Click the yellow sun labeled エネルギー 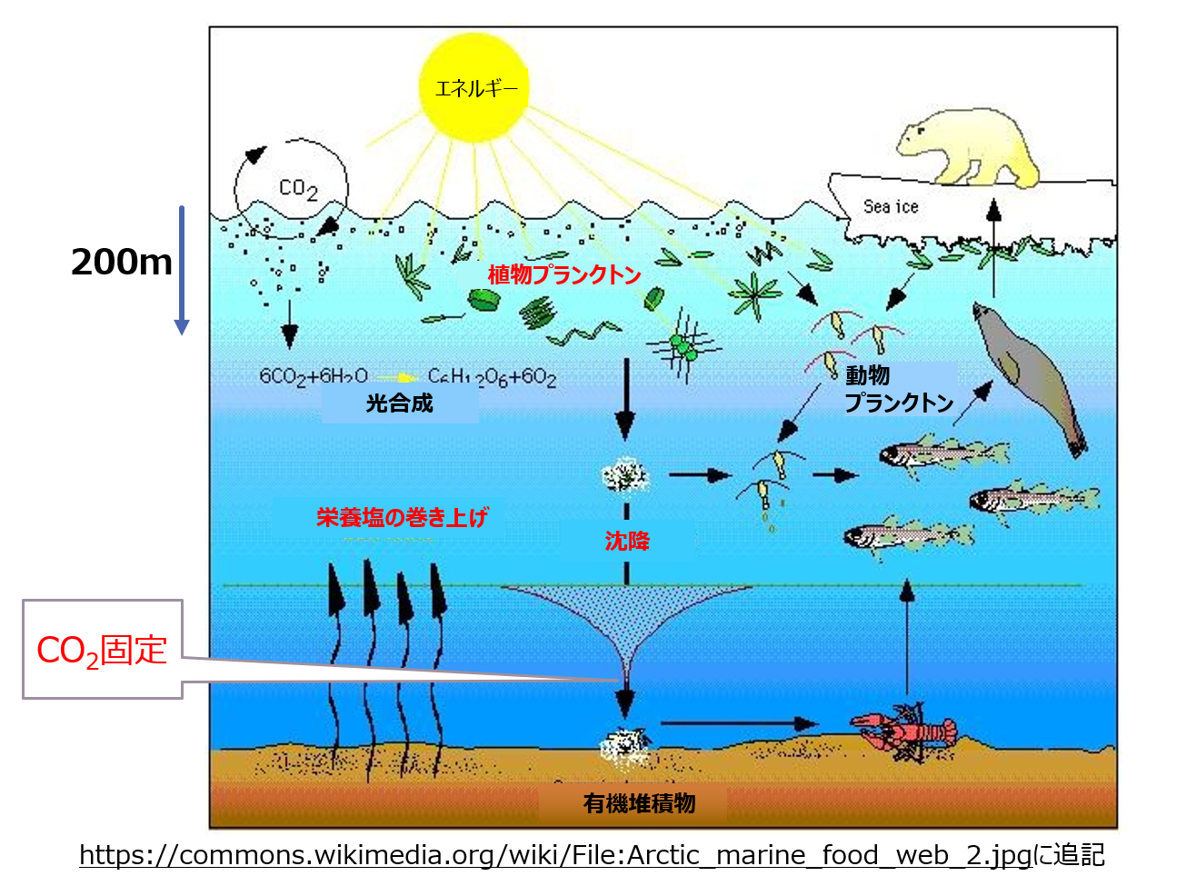[x=473, y=88]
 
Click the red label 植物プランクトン [x=563, y=274]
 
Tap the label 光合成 [x=399, y=403]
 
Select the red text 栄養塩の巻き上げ [x=402, y=517]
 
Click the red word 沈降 [x=627, y=542]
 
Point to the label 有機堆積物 [x=639, y=803]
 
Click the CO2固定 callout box [x=103, y=650]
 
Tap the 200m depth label [x=121, y=263]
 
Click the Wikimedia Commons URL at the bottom [x=555, y=855]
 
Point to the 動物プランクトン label [x=898, y=389]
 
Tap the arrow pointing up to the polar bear [x=993, y=245]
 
